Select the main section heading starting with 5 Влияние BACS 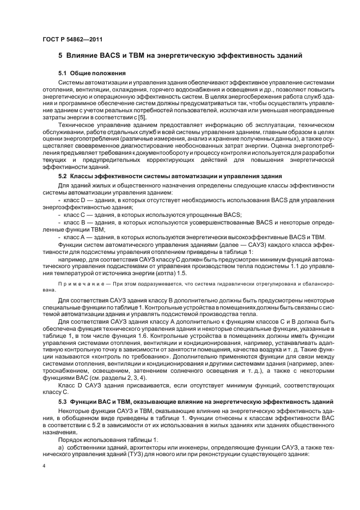click(x=184, y=56)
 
